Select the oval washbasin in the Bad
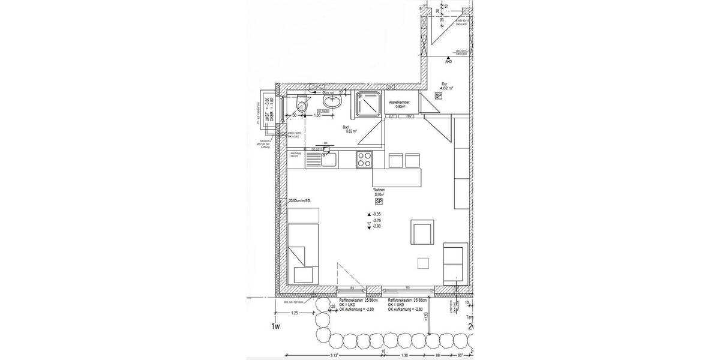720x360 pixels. tap(332, 100)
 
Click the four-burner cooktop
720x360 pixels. tap(364, 160)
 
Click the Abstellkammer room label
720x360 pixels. tap(400, 104)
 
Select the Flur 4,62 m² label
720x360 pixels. tap(446, 86)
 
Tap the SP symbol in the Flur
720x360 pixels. tap(439, 96)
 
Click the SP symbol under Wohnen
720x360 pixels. tap(379, 203)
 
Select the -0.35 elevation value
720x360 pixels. tap(377, 214)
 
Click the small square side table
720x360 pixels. tap(424, 262)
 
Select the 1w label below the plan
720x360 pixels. tap(275, 326)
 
